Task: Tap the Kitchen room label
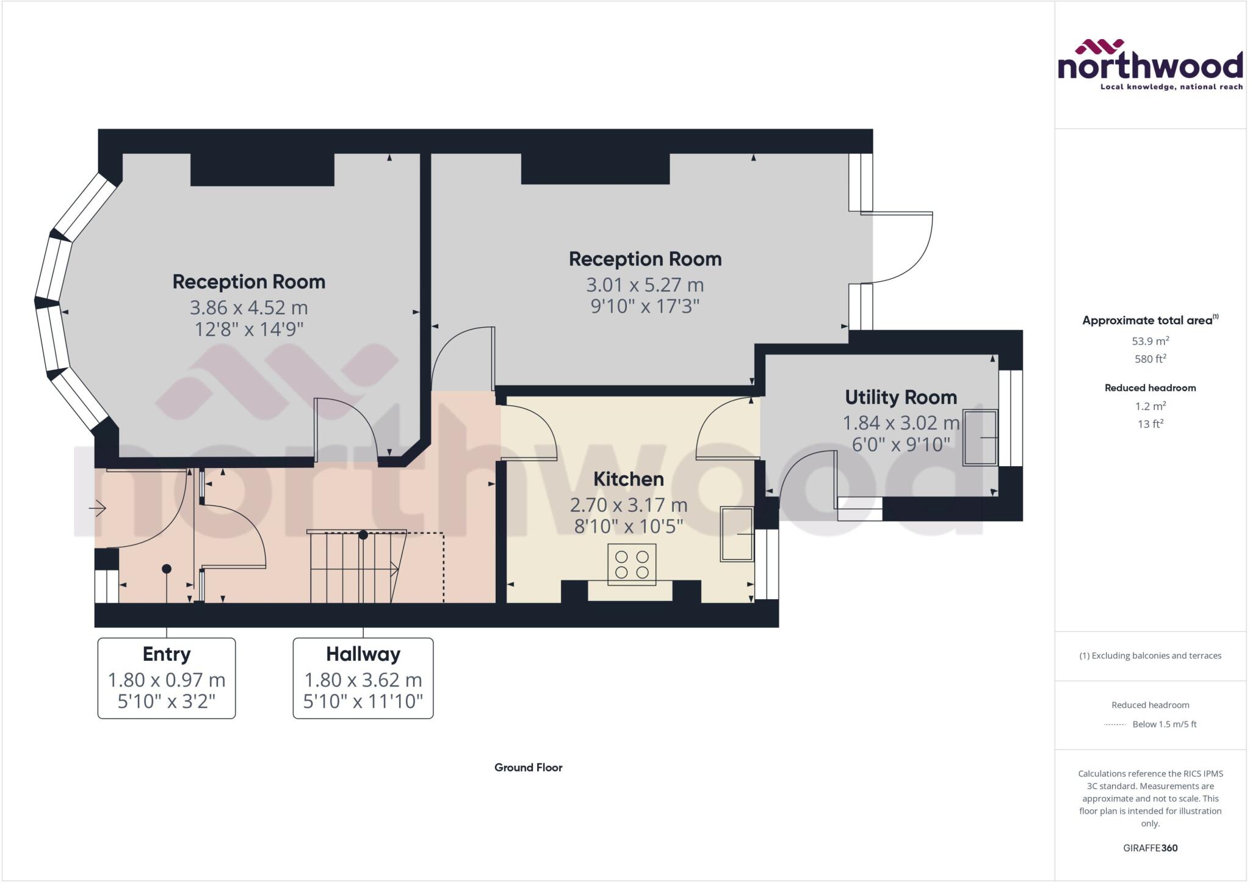click(x=628, y=479)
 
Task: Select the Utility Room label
click(x=900, y=397)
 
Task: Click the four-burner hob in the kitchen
click(x=632, y=564)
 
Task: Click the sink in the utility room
click(x=980, y=438)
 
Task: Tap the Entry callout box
click(x=166, y=677)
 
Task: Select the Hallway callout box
click(x=363, y=677)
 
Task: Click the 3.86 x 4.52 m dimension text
click(x=248, y=308)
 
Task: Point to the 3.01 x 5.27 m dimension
click(x=645, y=285)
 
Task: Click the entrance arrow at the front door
click(x=98, y=508)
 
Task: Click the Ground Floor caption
click(x=528, y=768)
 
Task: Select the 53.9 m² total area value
click(x=1150, y=341)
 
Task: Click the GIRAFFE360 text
click(x=1150, y=848)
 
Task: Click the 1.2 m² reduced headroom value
click(x=1150, y=406)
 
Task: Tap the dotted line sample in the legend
click(x=1115, y=724)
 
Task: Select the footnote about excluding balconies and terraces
click(x=1150, y=656)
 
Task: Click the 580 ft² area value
click(x=1150, y=359)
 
